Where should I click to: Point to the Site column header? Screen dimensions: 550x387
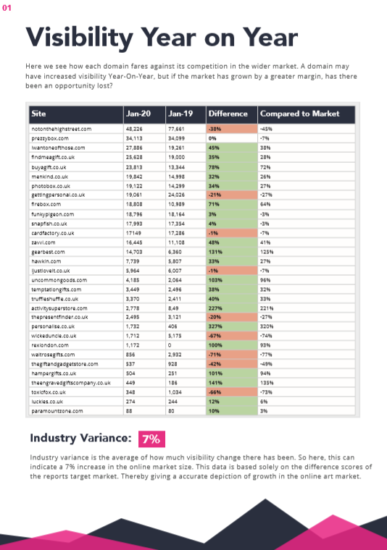click(38, 114)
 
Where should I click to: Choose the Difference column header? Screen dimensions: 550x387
click(228, 114)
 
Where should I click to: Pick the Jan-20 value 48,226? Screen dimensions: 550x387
click(134, 128)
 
